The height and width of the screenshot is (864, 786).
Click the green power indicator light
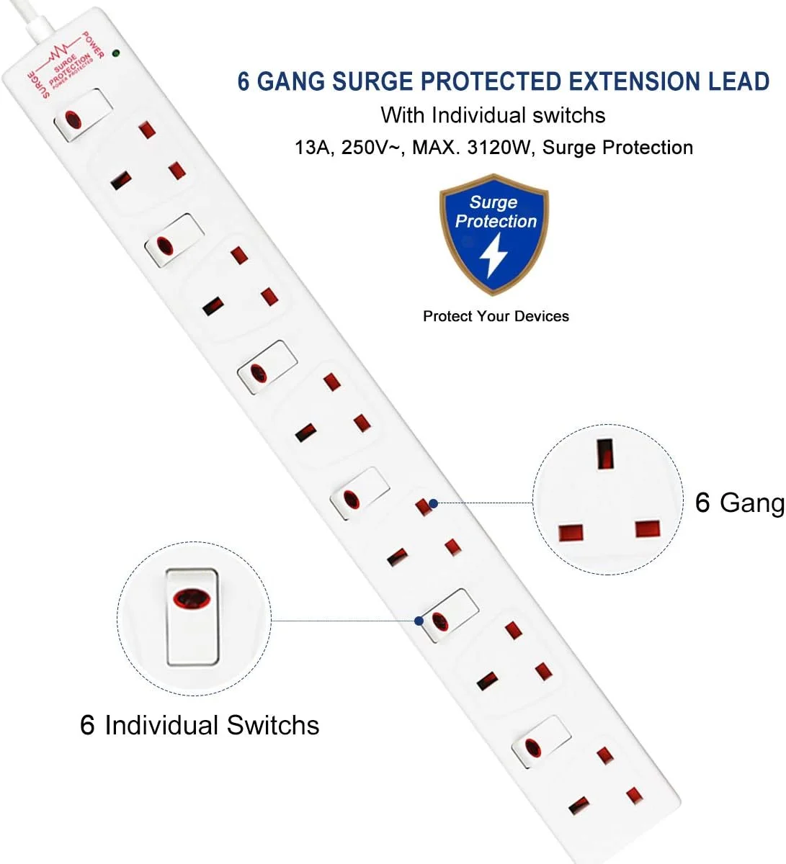coord(115,53)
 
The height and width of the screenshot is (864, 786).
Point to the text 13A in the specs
coord(313,148)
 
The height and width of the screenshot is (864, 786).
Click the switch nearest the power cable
coord(84,114)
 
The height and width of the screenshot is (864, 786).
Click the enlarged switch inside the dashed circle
coord(193,617)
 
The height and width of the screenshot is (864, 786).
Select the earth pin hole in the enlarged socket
coord(604,454)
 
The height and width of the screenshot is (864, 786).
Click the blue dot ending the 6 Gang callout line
coord(434,503)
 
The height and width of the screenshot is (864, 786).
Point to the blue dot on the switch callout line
coord(419,621)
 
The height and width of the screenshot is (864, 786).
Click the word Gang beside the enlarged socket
coord(752,503)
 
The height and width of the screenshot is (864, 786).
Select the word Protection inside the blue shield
coord(496,221)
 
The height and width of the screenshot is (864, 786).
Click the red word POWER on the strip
coord(93,45)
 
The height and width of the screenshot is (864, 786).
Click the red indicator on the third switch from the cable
coord(258,373)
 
